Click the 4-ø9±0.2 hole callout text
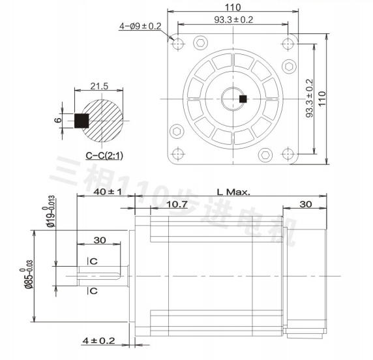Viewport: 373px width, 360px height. click(x=140, y=26)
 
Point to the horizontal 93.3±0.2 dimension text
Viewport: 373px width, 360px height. click(x=233, y=20)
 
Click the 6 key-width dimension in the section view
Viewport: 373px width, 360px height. click(x=58, y=119)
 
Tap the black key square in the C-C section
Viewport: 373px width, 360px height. click(x=82, y=121)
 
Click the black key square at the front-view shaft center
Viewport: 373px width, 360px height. click(x=243, y=99)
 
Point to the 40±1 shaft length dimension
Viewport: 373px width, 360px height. click(x=108, y=192)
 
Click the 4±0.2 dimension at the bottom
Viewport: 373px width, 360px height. click(x=99, y=340)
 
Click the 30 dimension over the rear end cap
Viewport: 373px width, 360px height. click(x=305, y=204)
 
